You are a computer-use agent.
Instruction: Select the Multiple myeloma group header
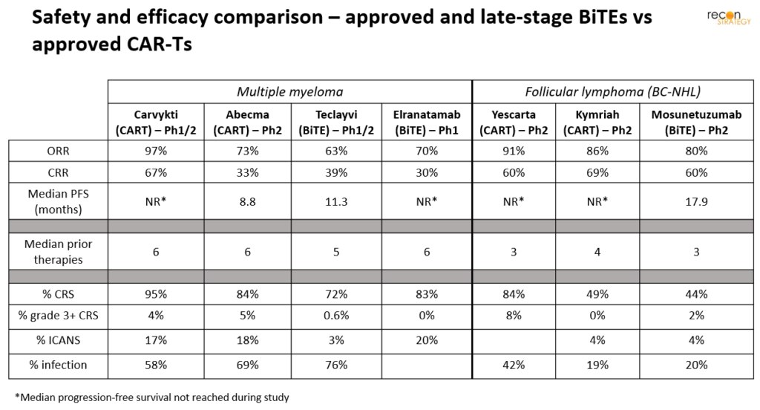click(x=289, y=92)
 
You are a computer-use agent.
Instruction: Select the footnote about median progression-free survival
click(x=151, y=397)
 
